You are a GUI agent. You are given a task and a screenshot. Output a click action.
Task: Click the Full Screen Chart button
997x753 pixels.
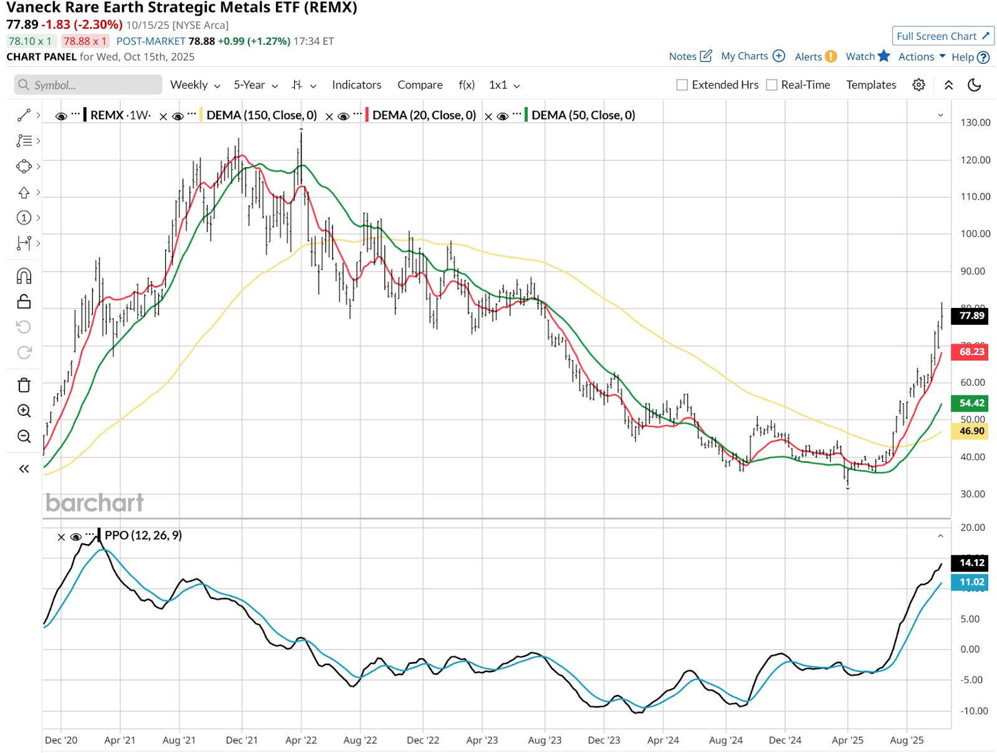[942, 36]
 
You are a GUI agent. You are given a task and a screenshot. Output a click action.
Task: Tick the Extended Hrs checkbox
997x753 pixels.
[682, 85]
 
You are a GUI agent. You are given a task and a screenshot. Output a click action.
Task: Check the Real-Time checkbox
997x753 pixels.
[771, 85]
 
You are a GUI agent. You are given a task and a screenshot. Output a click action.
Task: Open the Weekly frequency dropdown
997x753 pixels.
[195, 85]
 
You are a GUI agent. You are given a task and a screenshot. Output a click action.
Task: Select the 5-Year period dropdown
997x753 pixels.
[255, 85]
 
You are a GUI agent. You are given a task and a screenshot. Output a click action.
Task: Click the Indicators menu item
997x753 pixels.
[356, 85]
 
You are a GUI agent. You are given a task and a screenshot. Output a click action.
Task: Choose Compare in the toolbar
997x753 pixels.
[420, 85]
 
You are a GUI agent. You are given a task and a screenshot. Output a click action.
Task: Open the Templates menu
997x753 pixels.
[871, 85]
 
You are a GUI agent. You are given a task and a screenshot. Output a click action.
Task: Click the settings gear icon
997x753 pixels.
[918, 85]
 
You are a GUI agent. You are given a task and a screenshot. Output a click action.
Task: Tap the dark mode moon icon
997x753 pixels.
[974, 85]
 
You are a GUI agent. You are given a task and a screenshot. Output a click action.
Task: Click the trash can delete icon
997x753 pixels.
[24, 385]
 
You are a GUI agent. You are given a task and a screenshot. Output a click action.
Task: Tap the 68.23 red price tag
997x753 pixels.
[971, 352]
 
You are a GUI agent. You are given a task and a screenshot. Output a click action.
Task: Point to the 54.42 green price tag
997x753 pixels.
[971, 403]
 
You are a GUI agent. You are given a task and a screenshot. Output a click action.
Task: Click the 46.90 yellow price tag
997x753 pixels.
[971, 431]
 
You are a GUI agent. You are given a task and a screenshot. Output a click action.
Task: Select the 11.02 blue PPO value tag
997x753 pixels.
[971, 582]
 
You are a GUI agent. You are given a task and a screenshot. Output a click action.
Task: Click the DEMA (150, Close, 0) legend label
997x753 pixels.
[261, 115]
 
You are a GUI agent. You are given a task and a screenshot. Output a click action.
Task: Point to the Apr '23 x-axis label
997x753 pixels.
[482, 740]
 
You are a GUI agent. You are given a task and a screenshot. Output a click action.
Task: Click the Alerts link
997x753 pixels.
[808, 57]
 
